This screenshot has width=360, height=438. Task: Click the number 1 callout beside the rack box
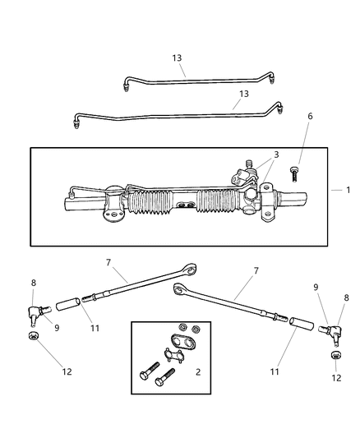348,190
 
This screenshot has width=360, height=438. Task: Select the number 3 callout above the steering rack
275,154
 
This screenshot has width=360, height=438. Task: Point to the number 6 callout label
310,117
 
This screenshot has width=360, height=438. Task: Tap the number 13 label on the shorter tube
178,58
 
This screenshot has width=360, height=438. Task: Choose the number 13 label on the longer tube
243,94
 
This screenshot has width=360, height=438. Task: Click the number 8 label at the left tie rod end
34,283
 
